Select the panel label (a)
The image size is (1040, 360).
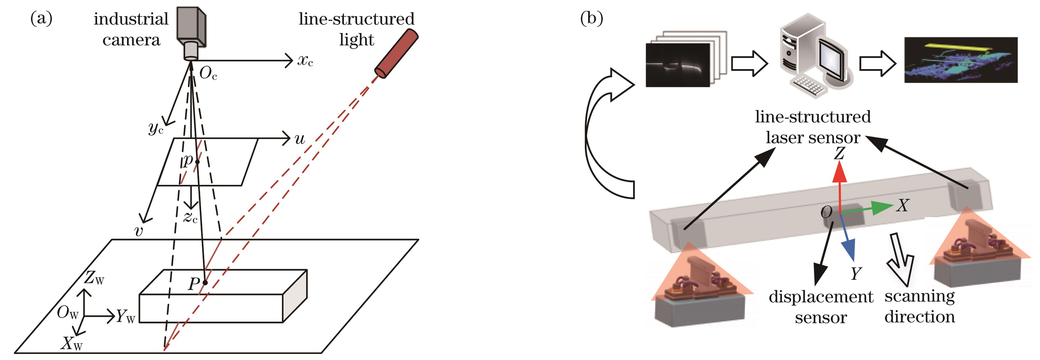point(41,19)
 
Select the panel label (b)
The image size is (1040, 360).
point(591,19)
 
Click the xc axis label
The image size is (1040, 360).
point(305,61)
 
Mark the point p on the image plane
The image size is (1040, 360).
point(197,162)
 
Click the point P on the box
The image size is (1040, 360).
point(205,282)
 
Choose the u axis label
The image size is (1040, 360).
point(299,139)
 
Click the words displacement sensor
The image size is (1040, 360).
point(820,307)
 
